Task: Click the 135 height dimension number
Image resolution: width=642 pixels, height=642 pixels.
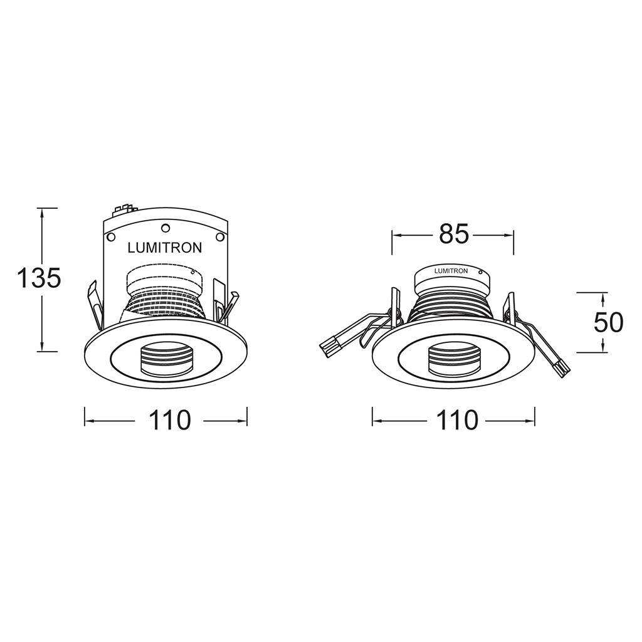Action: [x=39, y=278]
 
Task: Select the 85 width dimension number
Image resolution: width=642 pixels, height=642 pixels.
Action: [x=453, y=234]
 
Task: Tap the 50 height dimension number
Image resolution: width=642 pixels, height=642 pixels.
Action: [x=608, y=323]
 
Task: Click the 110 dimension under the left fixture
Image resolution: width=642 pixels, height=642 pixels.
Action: [x=169, y=420]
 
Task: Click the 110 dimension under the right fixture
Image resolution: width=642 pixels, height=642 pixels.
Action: [x=456, y=420]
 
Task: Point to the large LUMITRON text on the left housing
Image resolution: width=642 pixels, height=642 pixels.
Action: [x=165, y=248]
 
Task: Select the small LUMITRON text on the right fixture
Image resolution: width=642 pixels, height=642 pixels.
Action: [x=450, y=271]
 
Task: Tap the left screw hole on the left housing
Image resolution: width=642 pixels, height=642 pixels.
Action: [x=110, y=237]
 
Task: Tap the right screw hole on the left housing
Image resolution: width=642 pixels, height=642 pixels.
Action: [x=219, y=237]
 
